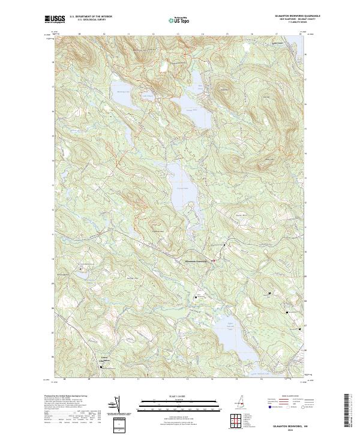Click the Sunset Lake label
point(190,110)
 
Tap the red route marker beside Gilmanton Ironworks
point(213,260)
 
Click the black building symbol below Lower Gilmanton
point(101,367)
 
